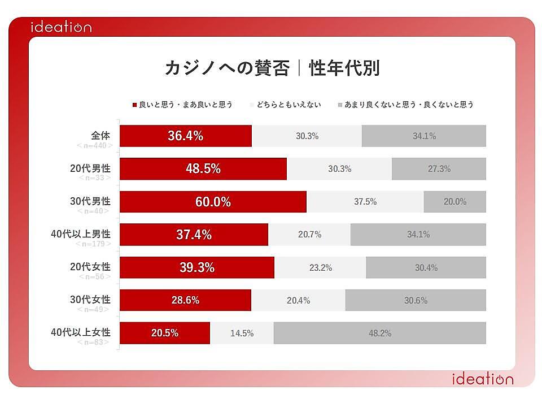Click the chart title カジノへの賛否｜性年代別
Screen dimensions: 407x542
tap(272, 68)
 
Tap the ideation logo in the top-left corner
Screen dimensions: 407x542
tap(61, 27)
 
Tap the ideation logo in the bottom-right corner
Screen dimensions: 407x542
tap(483, 379)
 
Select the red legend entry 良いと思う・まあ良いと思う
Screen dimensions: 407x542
tap(182, 105)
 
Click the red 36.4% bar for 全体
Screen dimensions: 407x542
tap(186, 136)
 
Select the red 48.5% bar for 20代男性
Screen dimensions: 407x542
tap(203, 168)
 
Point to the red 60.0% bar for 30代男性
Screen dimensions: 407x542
tap(213, 202)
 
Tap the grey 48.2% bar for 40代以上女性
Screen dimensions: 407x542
tap(379, 333)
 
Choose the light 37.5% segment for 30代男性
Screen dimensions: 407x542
tap(365, 202)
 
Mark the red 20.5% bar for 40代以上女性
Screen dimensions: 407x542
tap(165, 333)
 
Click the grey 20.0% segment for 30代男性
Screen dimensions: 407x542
tap(454, 202)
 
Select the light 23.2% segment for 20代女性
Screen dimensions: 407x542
tap(320, 267)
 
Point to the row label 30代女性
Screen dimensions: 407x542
tap(90, 299)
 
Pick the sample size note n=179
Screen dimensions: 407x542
tap(94, 244)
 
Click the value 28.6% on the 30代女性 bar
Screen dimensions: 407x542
tap(185, 300)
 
